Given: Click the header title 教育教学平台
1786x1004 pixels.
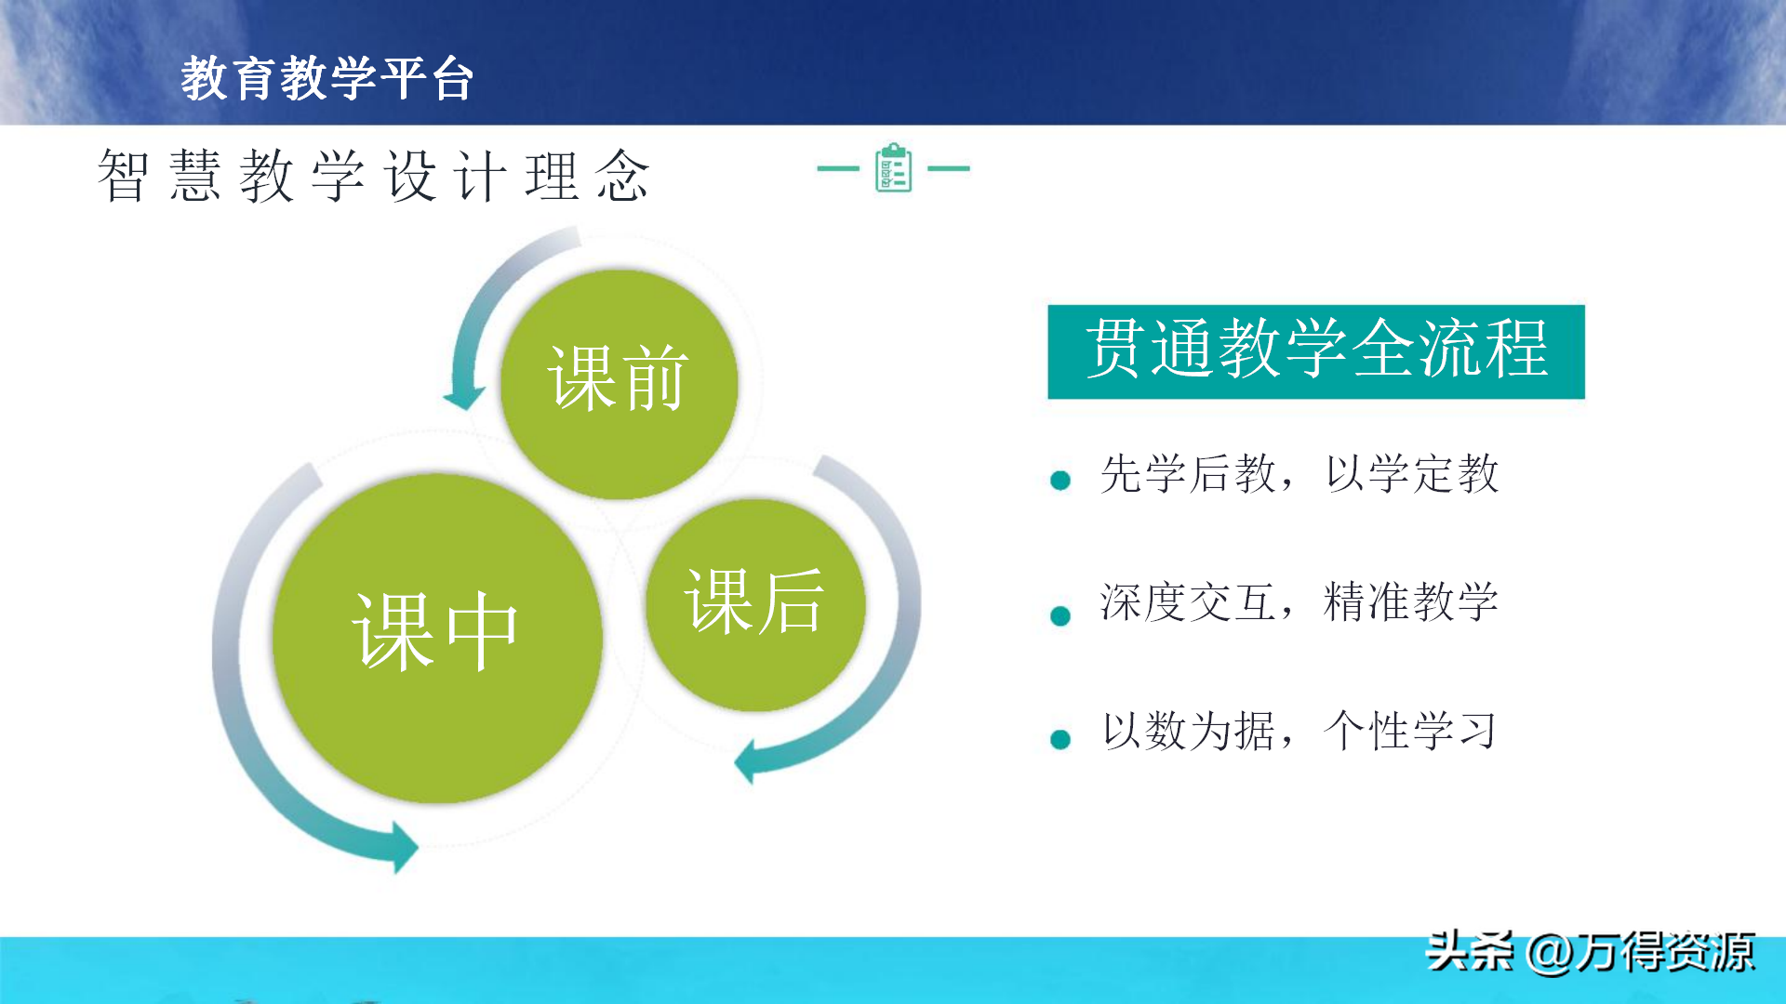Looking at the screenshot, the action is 327,77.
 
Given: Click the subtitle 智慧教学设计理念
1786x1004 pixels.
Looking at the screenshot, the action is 373,175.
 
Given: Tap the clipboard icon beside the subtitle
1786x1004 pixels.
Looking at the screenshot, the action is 894,167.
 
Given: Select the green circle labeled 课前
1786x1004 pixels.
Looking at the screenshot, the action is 620,383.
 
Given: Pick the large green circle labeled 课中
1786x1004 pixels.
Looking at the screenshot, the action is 437,638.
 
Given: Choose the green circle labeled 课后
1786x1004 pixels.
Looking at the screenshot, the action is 755,604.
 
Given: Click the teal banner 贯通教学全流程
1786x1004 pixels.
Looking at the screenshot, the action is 1316,351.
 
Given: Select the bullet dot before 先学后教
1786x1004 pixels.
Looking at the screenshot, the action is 1060,480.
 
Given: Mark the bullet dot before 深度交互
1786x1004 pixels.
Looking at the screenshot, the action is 1060,615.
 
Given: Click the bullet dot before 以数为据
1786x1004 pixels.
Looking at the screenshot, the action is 1060,739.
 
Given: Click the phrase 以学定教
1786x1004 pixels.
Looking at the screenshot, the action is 1412,474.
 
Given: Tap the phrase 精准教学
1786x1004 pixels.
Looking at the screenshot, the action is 1410,601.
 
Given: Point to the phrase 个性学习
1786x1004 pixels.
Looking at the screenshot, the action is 1410,731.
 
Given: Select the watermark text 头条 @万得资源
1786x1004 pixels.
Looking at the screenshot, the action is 1591,952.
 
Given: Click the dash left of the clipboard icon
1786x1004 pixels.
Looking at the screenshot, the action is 838,168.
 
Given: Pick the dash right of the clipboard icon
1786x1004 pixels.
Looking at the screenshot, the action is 949,168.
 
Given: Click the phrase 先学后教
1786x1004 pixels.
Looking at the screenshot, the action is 1188,474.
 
